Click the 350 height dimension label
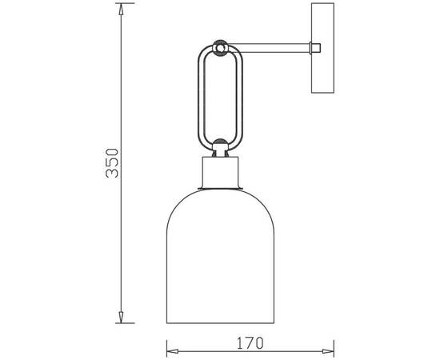click(112, 163)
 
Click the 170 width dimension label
click(250, 343)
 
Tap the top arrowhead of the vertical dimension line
click(121, 9)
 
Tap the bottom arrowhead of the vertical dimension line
click(121, 317)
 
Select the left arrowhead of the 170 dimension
click(172, 351)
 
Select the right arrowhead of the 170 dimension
click(328, 351)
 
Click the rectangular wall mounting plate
click(322, 48)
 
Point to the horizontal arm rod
click(270, 48)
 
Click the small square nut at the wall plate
click(315, 48)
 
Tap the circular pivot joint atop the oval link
click(220, 48)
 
